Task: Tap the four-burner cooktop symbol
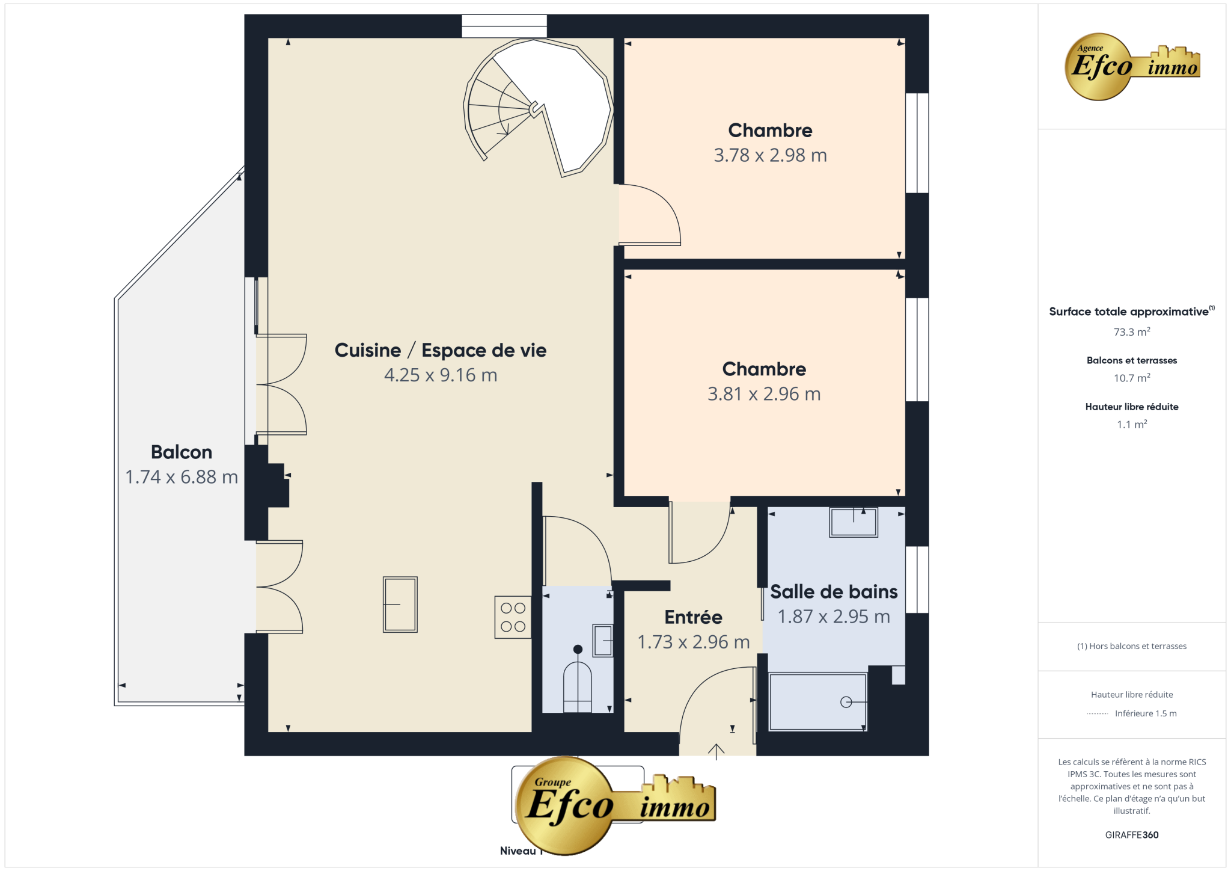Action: point(513,617)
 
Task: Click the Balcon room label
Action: point(182,452)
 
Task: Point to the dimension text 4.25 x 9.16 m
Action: point(441,375)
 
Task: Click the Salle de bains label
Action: point(834,591)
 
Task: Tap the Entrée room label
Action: point(693,617)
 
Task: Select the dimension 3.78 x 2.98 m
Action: point(770,155)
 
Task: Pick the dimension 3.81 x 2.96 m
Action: point(764,394)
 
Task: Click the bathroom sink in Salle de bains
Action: point(854,522)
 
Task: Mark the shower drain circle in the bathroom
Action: point(846,702)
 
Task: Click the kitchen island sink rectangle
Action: point(400,605)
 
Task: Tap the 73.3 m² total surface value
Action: point(1132,331)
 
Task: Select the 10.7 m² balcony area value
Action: point(1132,378)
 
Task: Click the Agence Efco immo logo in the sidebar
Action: point(1132,67)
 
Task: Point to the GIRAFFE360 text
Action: point(1132,835)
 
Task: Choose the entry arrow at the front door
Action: point(716,752)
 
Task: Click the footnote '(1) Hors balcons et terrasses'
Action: point(1132,646)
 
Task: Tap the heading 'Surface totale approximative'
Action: point(1129,312)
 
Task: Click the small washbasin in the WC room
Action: point(603,641)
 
